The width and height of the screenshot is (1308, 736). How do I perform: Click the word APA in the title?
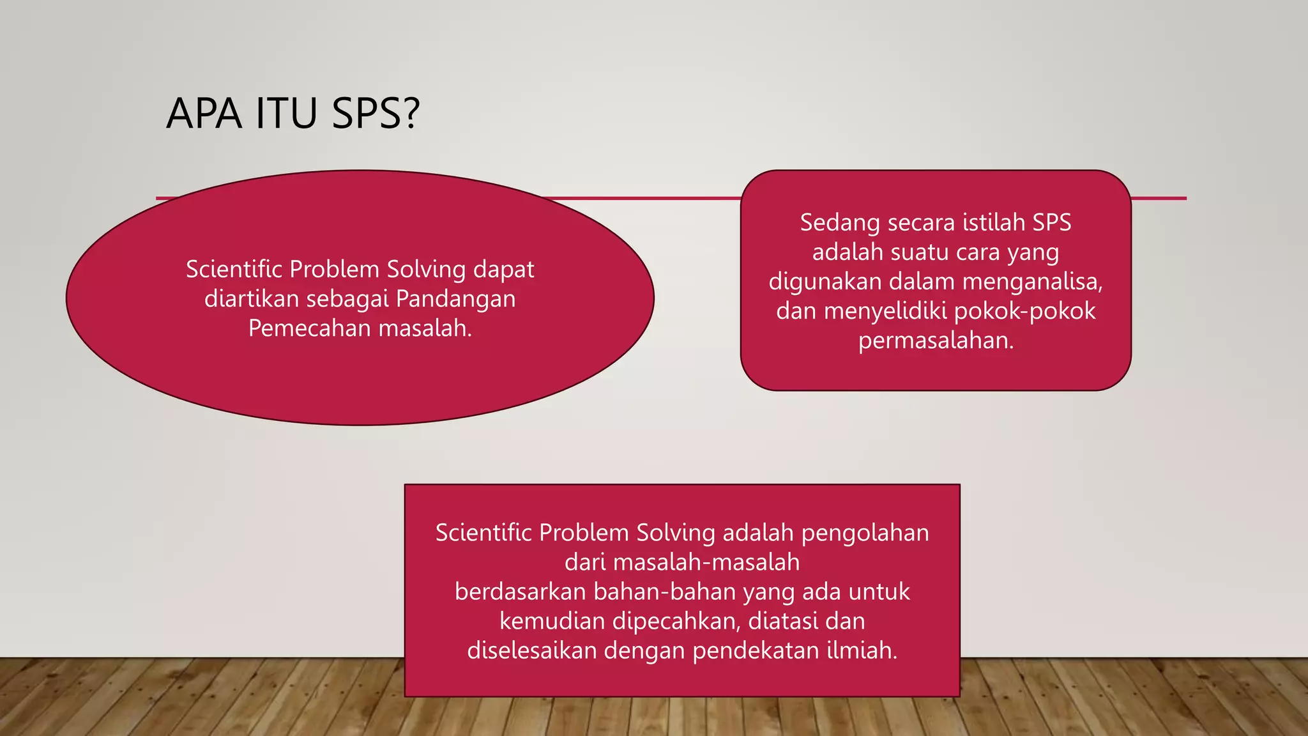204,114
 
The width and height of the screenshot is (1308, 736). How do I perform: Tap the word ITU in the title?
287,114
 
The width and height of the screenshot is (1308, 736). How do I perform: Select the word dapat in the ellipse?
503,270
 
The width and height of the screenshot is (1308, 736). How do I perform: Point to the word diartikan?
252,299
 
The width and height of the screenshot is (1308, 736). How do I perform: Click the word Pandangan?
455,299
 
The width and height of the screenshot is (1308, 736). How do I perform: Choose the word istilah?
994,223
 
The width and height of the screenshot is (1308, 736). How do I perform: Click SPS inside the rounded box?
1052,223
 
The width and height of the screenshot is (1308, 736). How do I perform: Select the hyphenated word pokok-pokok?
1025,311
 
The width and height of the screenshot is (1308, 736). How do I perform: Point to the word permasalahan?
936,341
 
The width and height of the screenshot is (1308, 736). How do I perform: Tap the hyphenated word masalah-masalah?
706,562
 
